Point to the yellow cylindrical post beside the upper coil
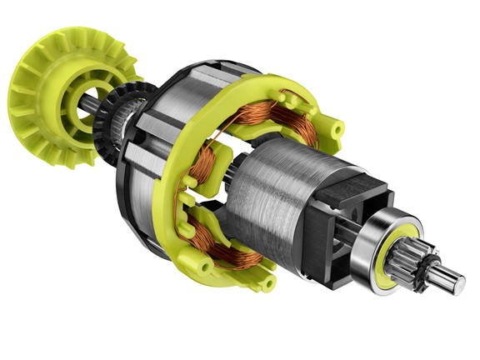click(x=334, y=128)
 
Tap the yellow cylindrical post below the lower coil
click(x=265, y=284)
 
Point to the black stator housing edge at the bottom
click(x=167, y=250)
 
